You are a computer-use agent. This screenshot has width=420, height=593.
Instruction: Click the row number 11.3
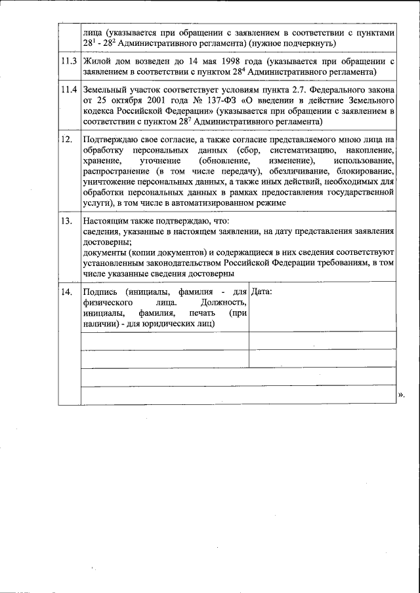pyautogui.click(x=68, y=62)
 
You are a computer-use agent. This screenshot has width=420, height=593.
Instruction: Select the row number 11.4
pyautogui.click(x=68, y=90)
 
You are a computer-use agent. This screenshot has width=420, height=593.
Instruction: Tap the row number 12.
pyautogui.click(x=66, y=140)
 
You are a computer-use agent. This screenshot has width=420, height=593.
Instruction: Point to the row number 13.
pyautogui.click(x=66, y=221)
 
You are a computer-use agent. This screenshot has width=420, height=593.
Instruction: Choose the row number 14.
pyautogui.click(x=66, y=292)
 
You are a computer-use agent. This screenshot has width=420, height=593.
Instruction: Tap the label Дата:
pyautogui.click(x=262, y=291)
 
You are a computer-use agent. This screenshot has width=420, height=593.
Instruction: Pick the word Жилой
pyautogui.click(x=96, y=61)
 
